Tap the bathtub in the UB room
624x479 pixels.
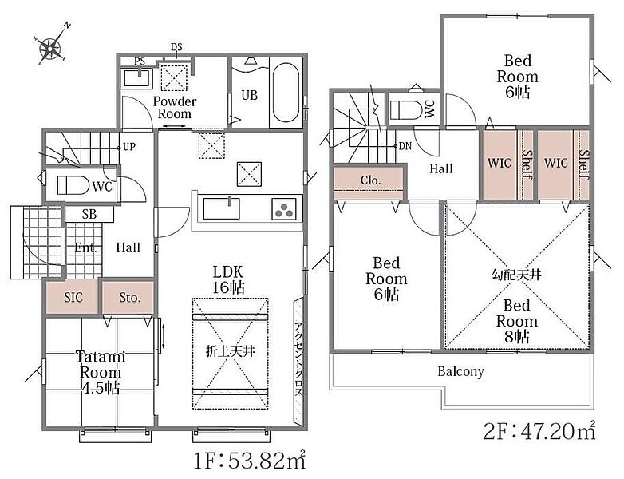(286, 93)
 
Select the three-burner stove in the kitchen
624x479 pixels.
(285, 209)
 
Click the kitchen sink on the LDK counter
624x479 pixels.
(221, 208)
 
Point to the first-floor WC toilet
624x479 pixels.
(73, 185)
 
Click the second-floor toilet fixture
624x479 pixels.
(406, 110)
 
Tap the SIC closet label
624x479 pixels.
(73, 298)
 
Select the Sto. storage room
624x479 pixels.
(128, 297)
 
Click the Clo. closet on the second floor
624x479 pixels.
(369, 182)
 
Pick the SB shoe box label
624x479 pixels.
(89, 214)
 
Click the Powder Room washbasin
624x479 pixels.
(136, 78)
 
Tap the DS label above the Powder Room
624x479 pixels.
(176, 47)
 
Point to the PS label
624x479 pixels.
(140, 61)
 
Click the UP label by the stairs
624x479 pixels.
(129, 147)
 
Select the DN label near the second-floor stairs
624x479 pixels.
(405, 146)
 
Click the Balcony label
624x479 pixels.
(461, 371)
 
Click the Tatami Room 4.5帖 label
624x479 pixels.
(101, 373)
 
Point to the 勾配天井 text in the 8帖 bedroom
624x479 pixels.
(516, 275)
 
